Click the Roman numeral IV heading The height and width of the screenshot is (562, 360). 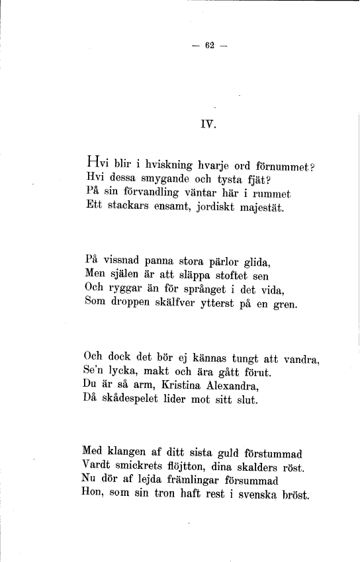coord(208,123)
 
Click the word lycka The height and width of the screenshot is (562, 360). coord(130,372)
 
